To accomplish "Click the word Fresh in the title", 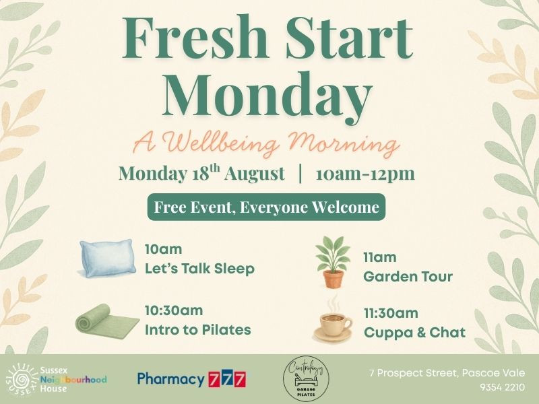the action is pyautogui.click(x=195, y=38).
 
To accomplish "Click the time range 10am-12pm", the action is pyautogui.click(x=365, y=174).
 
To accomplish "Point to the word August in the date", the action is pyautogui.click(x=255, y=174).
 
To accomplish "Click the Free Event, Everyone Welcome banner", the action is pyautogui.click(x=266, y=207).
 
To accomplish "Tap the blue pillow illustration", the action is pyautogui.click(x=108, y=258).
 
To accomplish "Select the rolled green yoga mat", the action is pyautogui.click(x=107, y=321).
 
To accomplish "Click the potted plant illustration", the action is pyautogui.click(x=333, y=261).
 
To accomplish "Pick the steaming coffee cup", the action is pyautogui.click(x=332, y=321).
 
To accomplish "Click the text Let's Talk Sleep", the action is pyautogui.click(x=199, y=268).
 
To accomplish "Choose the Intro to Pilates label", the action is pyautogui.click(x=197, y=330).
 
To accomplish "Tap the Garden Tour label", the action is pyautogui.click(x=408, y=276).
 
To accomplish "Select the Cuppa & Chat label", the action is pyautogui.click(x=414, y=332).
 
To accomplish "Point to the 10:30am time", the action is pyautogui.click(x=174, y=310).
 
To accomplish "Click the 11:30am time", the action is pyautogui.click(x=391, y=313).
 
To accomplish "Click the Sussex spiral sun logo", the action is pyautogui.click(x=22, y=380).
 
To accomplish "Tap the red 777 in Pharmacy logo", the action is pyautogui.click(x=227, y=379).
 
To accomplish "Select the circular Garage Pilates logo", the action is pyautogui.click(x=306, y=378).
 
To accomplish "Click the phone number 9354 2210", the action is pyautogui.click(x=503, y=387).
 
